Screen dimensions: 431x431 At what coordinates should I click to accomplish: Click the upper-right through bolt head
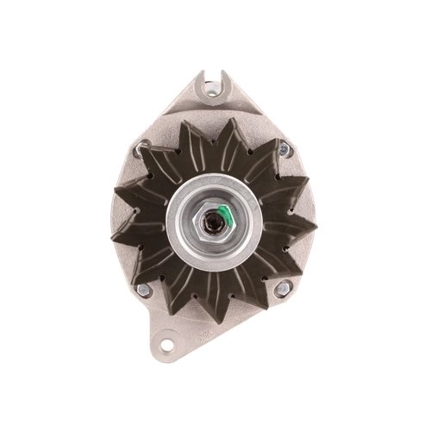(283, 152)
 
